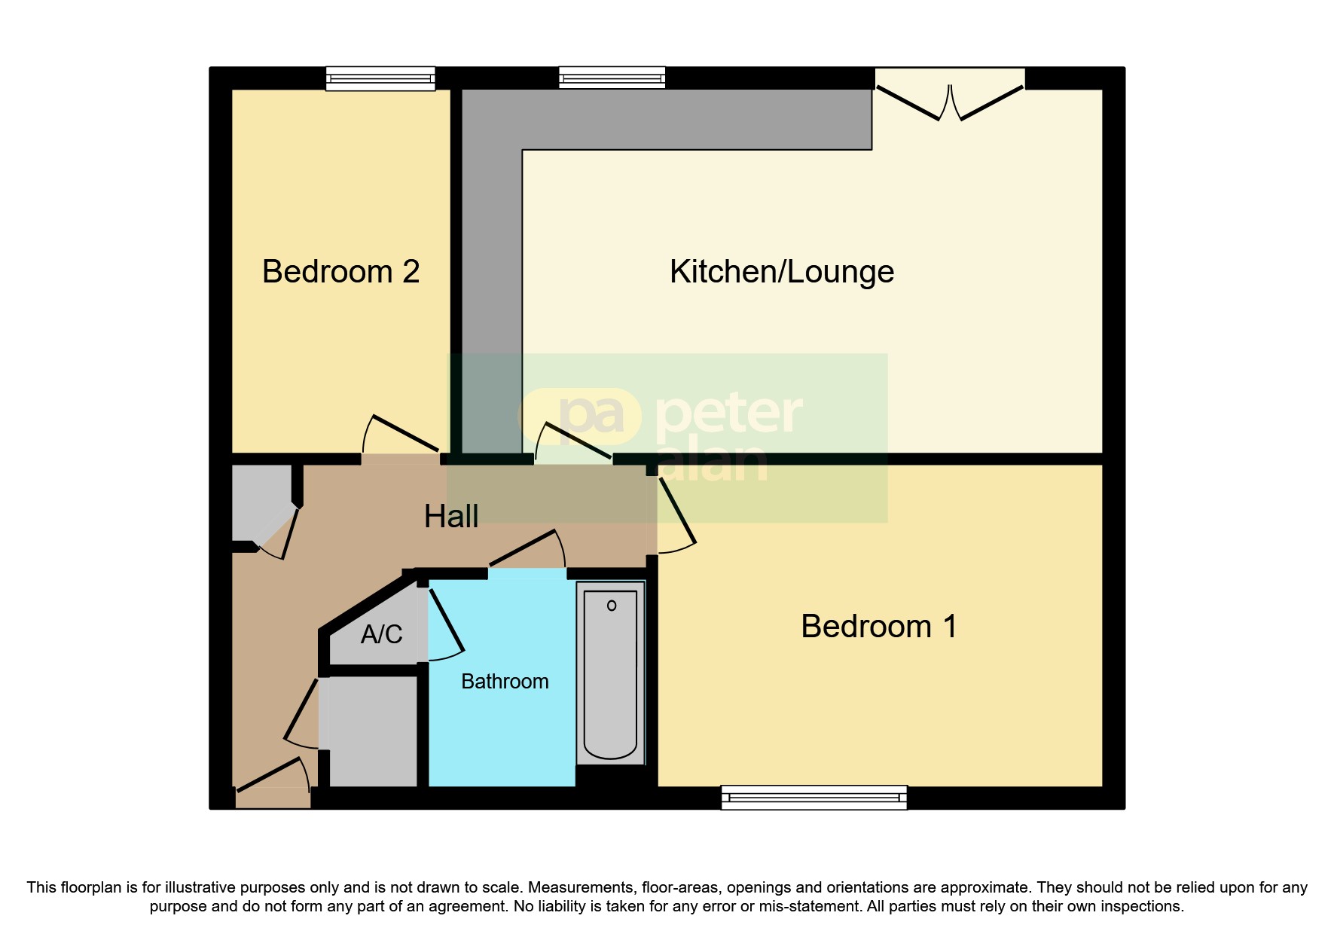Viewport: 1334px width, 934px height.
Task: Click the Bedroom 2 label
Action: pos(340,272)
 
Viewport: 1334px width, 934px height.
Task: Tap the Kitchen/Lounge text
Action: pos(781,272)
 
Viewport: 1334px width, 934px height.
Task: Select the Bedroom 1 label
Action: pos(878,627)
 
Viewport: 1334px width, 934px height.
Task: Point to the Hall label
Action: pos(450,517)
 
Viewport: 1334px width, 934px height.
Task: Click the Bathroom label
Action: pos(505,682)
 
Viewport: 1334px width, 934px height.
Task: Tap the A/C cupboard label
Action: pos(381,635)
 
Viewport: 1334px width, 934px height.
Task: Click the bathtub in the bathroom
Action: pos(611,673)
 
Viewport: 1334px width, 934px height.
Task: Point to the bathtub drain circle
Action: pos(612,606)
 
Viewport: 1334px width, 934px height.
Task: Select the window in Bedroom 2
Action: pos(380,78)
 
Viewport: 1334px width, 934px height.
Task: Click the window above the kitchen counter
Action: pos(612,78)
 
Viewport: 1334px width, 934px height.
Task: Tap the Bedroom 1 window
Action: pos(814,797)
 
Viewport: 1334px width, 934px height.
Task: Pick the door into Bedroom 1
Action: pos(676,512)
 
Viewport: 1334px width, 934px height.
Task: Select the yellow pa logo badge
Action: pos(581,415)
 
